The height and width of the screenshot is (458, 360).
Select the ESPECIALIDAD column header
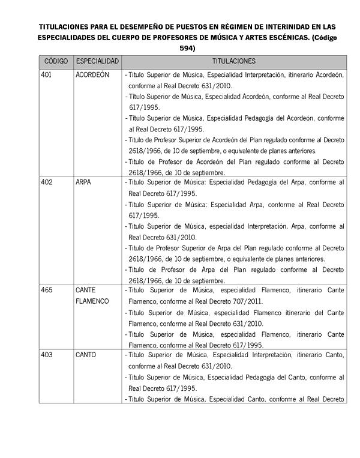[98, 62]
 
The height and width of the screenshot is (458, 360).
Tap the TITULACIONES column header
[234, 62]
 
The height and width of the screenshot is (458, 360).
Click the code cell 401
[47, 75]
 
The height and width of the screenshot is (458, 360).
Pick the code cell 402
[47, 182]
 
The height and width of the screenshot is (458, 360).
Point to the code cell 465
[47, 290]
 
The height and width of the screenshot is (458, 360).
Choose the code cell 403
[47, 355]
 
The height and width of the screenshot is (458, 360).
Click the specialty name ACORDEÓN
[92, 75]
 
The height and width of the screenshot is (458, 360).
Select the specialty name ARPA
[83, 182]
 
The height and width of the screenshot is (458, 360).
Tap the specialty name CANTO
[86, 355]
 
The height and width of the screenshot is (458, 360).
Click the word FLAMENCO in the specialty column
[92, 301]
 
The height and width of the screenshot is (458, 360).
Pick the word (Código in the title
[324, 37]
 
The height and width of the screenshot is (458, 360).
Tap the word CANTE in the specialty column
[86, 290]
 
